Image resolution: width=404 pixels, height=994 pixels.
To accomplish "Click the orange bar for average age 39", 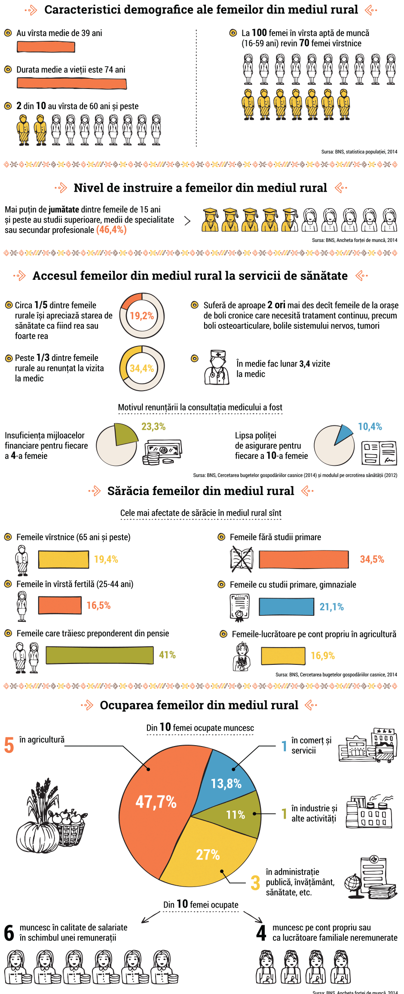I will point(46,47).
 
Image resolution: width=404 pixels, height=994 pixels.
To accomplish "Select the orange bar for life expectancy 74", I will point(72,83).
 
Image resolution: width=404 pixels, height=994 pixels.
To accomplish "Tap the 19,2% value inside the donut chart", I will point(142,316).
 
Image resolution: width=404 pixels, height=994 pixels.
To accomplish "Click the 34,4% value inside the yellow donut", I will point(142,368).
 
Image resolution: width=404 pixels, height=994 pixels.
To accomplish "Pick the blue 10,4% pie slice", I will point(343,434).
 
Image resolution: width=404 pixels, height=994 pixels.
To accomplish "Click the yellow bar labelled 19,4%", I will point(64,559).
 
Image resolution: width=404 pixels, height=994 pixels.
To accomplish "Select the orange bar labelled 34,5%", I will point(304,560).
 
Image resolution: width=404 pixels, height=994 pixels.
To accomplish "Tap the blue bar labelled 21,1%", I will point(286,607).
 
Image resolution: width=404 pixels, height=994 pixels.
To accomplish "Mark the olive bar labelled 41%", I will point(100,655).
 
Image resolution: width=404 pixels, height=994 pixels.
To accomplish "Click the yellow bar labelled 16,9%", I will point(283,655).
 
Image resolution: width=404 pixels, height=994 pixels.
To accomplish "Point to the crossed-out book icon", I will point(242,559).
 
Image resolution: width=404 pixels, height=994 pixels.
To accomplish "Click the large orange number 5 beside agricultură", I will point(9,745).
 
